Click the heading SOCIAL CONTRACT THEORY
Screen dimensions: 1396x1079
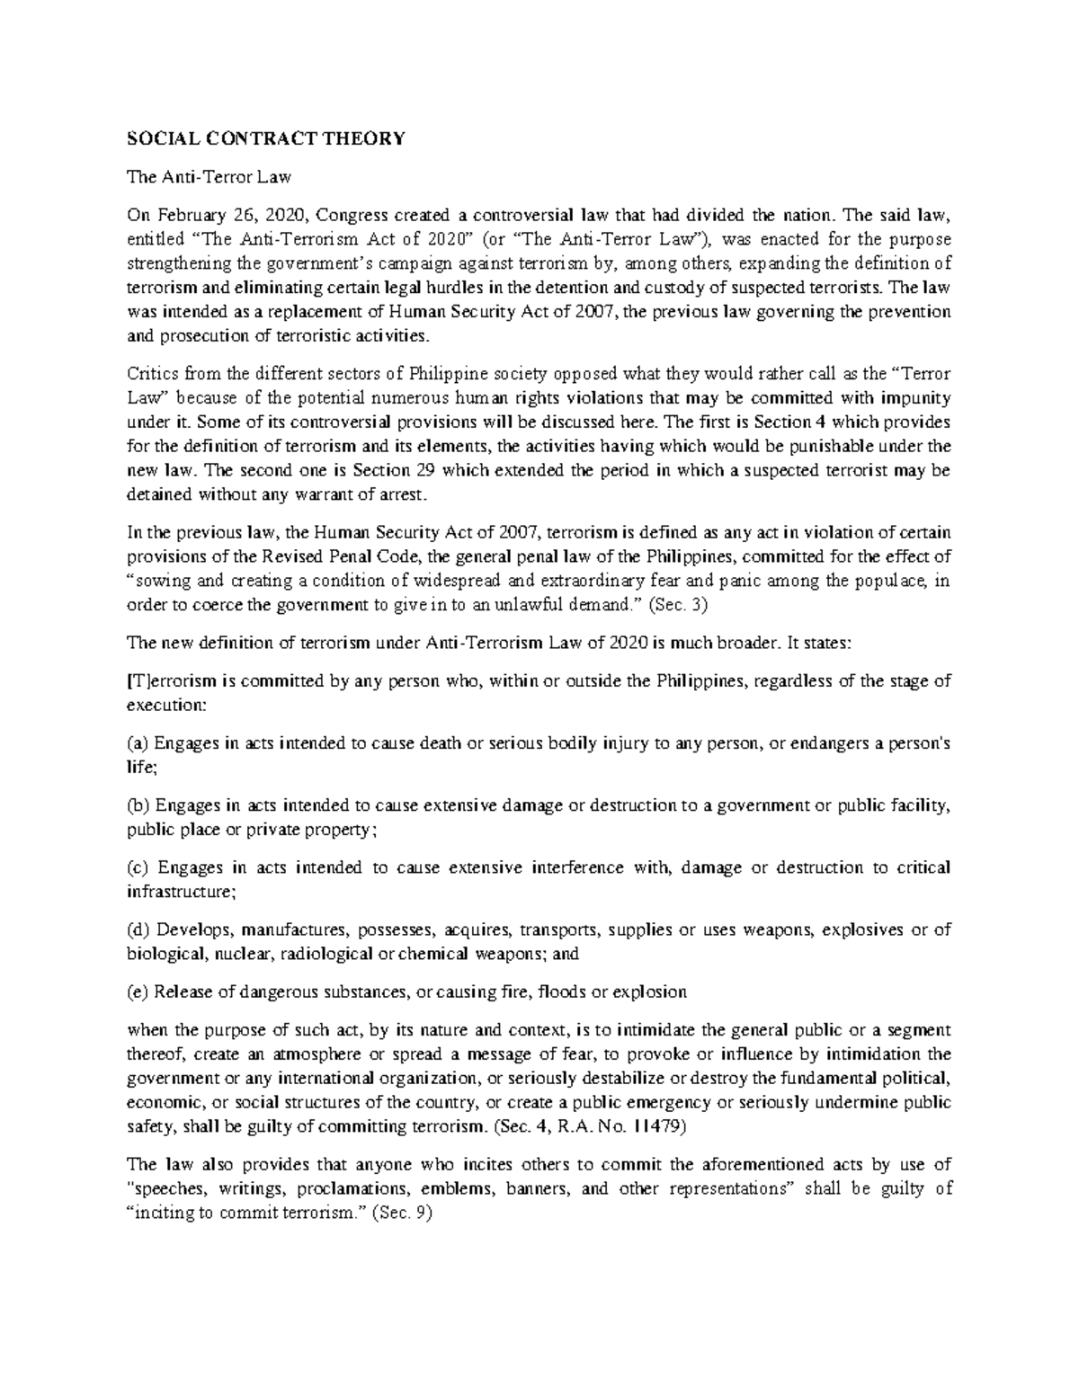tap(266, 138)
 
